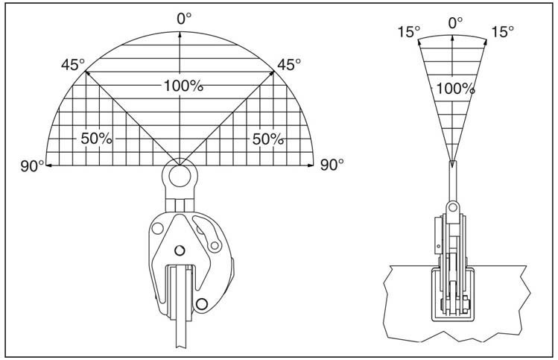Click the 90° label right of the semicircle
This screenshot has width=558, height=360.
click(332, 165)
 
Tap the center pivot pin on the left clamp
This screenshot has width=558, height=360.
click(179, 250)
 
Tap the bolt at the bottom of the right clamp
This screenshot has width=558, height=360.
click(452, 305)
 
